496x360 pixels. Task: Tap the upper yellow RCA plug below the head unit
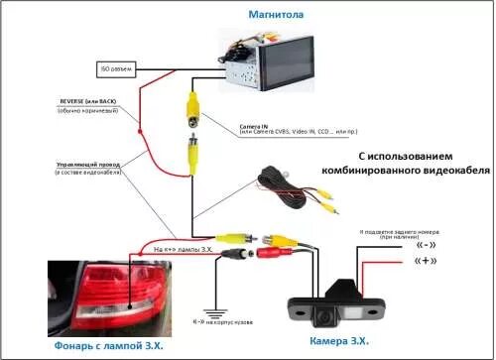[x=191, y=103]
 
